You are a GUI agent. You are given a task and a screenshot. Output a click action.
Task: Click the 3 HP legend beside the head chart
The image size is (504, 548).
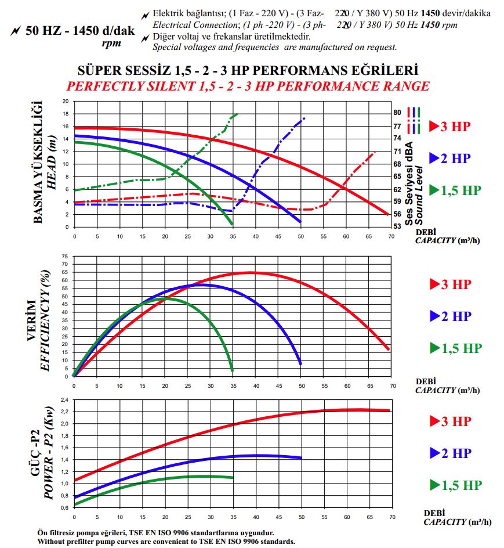click(x=457, y=126)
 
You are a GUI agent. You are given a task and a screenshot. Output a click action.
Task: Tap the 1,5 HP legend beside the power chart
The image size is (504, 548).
click(x=457, y=485)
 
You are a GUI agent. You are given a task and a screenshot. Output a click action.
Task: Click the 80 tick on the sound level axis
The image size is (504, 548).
click(x=397, y=113)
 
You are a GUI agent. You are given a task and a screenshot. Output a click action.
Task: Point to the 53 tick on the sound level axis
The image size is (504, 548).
click(x=397, y=226)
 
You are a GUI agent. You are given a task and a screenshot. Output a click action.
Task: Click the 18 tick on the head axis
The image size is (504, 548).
click(x=66, y=113)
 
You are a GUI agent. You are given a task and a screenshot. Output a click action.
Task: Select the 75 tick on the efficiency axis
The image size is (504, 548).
click(x=66, y=255)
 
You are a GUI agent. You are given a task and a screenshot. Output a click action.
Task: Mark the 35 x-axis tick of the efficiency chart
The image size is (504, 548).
click(x=233, y=384)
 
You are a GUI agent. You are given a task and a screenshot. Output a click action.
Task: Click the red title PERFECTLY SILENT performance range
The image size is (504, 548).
click(x=248, y=86)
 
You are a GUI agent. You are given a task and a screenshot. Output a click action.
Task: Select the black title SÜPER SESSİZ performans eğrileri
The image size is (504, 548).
click(x=248, y=71)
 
